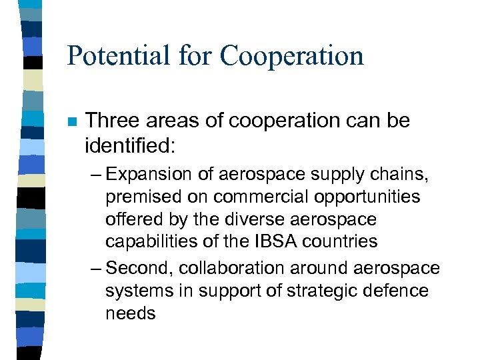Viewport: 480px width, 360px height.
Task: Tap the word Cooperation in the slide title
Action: click(291, 56)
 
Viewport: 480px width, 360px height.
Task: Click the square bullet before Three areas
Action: click(71, 122)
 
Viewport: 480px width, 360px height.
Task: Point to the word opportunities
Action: click(363, 197)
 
